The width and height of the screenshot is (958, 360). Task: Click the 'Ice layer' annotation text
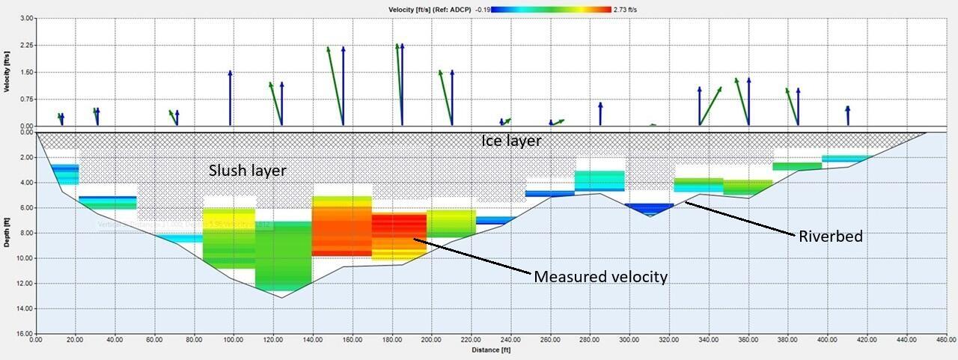510,141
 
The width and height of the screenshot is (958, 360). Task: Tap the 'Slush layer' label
247,171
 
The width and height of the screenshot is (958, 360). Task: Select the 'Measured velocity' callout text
600,277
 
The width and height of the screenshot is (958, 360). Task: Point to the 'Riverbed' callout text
829,237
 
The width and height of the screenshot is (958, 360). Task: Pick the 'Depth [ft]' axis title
7,234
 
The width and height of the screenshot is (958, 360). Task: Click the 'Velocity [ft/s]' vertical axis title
7,71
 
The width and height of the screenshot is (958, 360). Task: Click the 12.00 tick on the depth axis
23,284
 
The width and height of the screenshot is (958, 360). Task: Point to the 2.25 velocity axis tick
25,45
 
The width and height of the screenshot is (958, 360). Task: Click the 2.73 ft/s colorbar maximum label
626,9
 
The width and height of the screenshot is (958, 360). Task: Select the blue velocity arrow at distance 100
230,97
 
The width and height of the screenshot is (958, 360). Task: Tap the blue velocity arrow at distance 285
600,114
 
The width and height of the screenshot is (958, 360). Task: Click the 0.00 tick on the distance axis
36,340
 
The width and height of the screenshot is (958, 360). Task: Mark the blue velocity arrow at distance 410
847,115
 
